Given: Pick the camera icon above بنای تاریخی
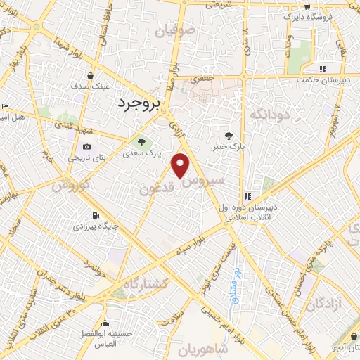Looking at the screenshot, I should click(86, 147).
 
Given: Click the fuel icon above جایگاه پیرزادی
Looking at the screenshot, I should click(96, 215).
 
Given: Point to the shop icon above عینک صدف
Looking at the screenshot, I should click(90, 75).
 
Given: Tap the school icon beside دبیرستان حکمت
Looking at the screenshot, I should click(323, 69).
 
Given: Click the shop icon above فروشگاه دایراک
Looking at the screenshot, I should click(307, 6).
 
